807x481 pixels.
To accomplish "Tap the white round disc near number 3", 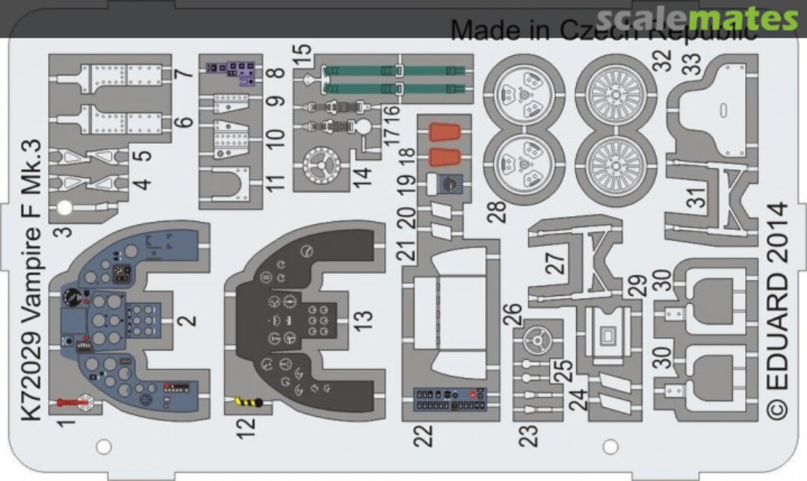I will click(x=66, y=209).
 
